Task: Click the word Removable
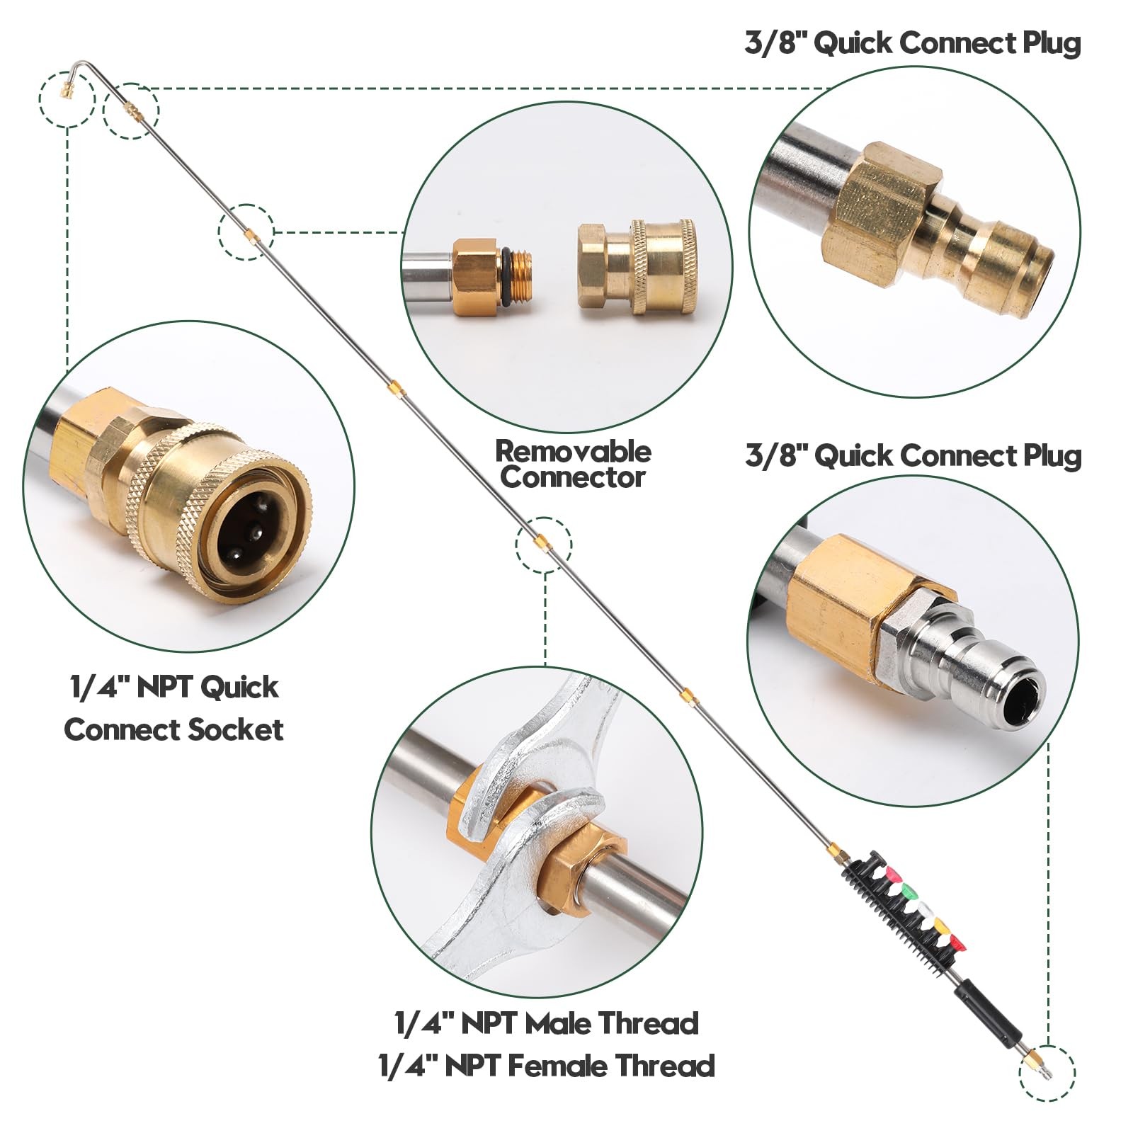573,451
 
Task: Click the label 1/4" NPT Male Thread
547,1023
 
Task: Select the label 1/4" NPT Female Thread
547,1066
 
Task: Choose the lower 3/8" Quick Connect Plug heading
913,456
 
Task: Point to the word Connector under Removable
573,477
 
